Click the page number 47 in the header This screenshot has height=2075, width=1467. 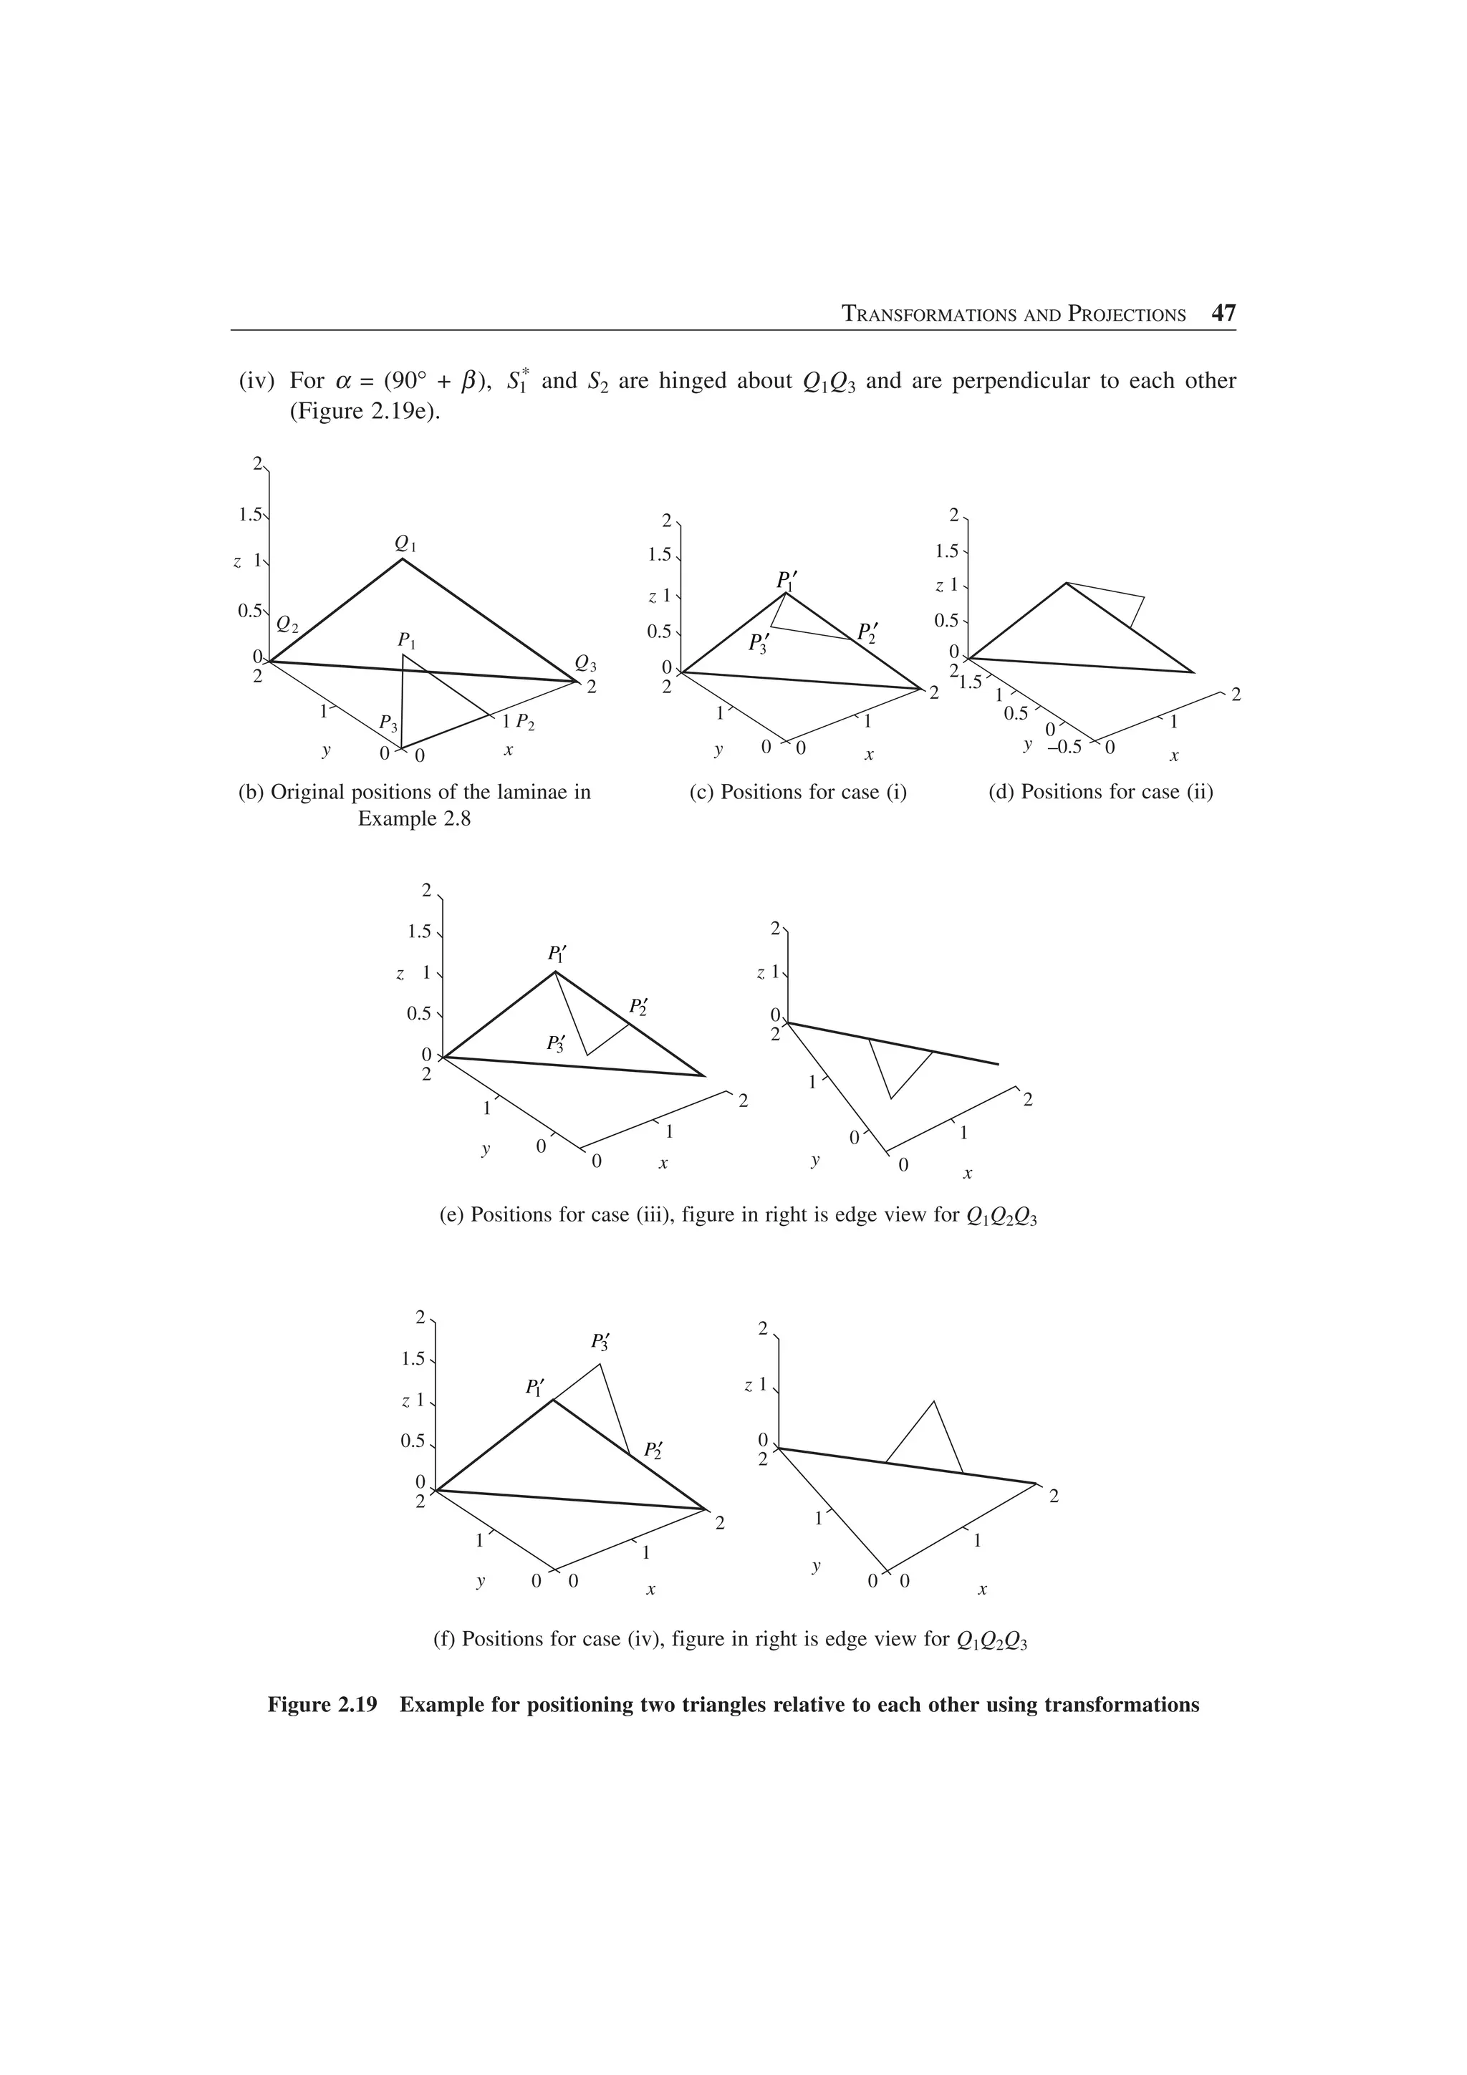pyautogui.click(x=1223, y=314)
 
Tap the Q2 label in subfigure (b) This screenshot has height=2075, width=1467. pyautogui.click(x=289, y=624)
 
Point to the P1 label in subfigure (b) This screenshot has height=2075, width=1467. pyautogui.click(x=408, y=641)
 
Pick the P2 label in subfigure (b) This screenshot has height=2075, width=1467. pyautogui.click(x=525, y=723)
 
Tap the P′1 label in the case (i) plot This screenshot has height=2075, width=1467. pyautogui.click(x=787, y=580)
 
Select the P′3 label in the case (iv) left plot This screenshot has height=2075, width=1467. pyautogui.click(x=601, y=1341)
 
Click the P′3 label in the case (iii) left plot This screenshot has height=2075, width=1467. pyautogui.click(x=556, y=1043)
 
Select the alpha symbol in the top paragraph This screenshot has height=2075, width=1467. pyautogui.click(x=342, y=382)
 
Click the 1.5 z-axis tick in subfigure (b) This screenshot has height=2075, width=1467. pyautogui.click(x=249, y=515)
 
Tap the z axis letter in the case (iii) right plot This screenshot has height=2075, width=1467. pyautogui.click(x=760, y=972)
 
